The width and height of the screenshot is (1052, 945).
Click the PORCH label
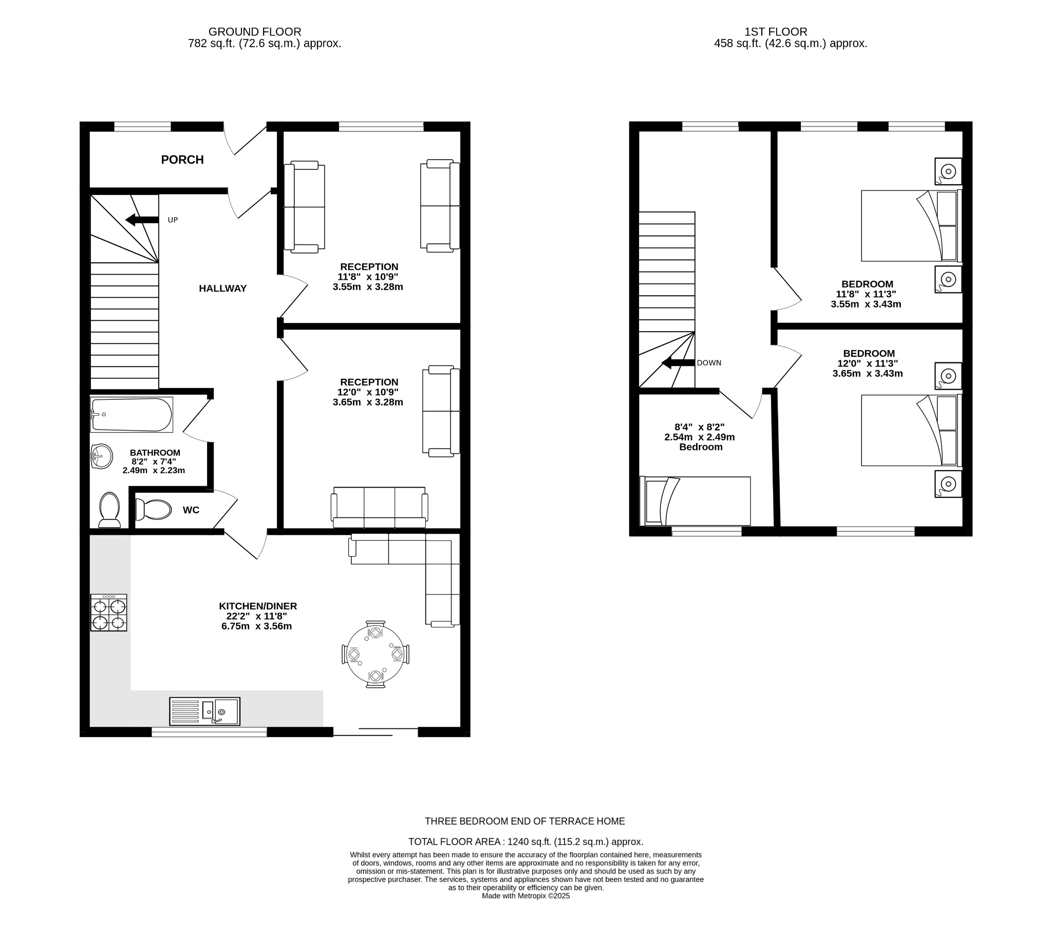tap(182, 160)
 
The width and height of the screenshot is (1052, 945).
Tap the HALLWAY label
tap(222, 288)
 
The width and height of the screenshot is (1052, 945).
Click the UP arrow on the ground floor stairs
tap(142, 220)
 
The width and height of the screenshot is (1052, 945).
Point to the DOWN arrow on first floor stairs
tap(678, 363)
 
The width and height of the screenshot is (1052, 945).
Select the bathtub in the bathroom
tap(131, 414)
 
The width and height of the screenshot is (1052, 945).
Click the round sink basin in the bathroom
tap(102, 456)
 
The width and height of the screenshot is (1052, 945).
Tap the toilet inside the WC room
tap(153, 509)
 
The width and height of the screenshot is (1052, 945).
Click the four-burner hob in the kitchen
tap(108, 613)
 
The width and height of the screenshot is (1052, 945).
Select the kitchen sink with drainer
tap(204, 711)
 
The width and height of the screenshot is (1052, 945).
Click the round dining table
tap(375, 654)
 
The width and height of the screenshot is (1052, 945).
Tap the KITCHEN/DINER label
tap(258, 606)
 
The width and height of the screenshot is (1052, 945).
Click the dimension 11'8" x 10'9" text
tap(368, 277)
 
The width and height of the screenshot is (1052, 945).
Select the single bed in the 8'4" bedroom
tap(695, 501)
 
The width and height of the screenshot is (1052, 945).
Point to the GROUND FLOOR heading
tap(255, 32)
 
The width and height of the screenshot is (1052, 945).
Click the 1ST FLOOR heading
tap(775, 32)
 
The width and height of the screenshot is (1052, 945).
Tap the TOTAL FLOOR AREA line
tap(525, 842)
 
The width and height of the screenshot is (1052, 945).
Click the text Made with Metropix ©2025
tap(525, 896)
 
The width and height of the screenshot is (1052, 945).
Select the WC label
tap(191, 510)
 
